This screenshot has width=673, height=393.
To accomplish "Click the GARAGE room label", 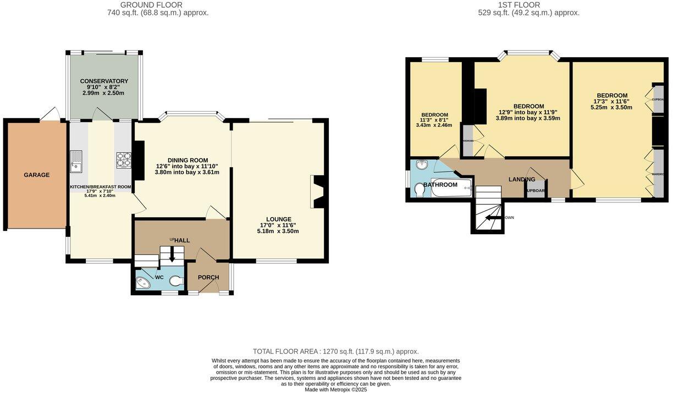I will click(x=36, y=175).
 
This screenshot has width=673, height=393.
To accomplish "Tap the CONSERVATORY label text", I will click(x=104, y=81).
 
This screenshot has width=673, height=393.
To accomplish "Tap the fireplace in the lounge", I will click(x=318, y=191).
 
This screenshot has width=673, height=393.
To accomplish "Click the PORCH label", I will click(x=208, y=278).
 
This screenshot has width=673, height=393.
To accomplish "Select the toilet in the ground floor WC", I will click(x=176, y=281).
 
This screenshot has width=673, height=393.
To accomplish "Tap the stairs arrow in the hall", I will click(x=172, y=254).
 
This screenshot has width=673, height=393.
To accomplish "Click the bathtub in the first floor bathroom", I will click(x=451, y=187).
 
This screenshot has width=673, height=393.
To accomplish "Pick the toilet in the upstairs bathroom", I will click(x=419, y=190).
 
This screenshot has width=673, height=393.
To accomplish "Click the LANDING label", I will click(x=521, y=179).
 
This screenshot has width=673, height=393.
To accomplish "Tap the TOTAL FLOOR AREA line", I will click(x=335, y=351).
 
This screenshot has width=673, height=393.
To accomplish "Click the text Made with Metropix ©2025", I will click(x=335, y=390).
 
